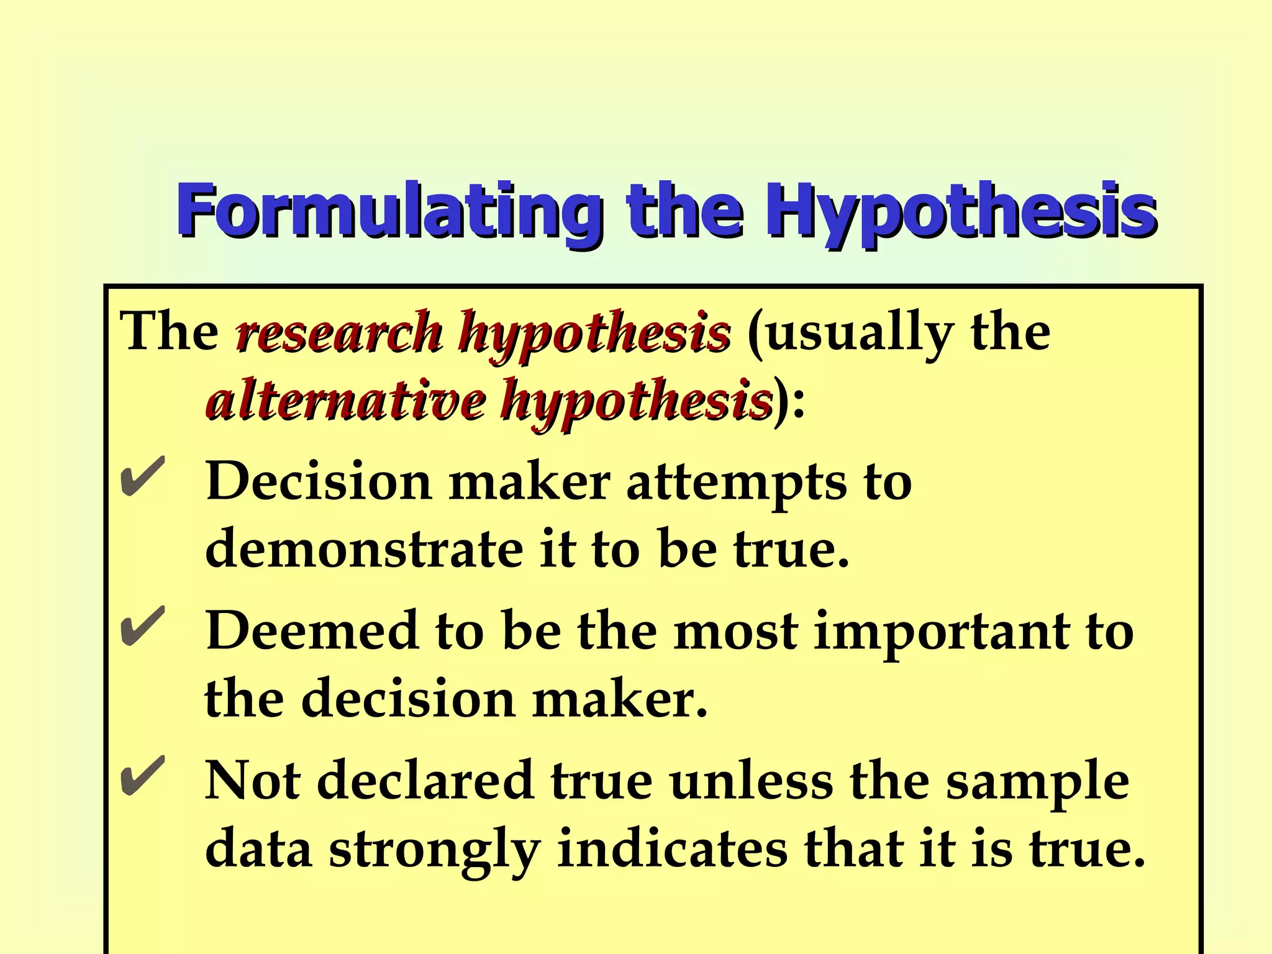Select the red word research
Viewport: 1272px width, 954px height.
click(338, 332)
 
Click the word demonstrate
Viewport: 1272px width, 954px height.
click(364, 550)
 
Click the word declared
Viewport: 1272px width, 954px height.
click(425, 781)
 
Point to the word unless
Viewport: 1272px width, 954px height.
click(752, 781)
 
